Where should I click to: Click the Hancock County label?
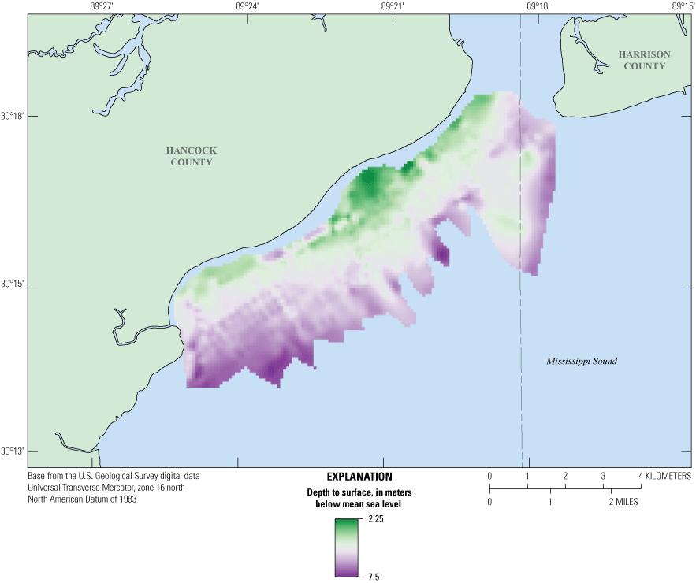click(191, 156)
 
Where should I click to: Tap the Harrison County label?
click(644, 60)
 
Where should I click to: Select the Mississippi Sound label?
click(582, 361)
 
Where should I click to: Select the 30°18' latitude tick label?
click(13, 117)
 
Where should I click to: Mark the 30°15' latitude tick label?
click(13, 284)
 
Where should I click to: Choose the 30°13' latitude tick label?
click(13, 451)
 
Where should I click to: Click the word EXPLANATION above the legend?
click(359, 477)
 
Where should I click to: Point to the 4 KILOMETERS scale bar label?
click(666, 477)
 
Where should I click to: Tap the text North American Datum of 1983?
click(83, 499)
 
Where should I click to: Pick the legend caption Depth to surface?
click(359, 493)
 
